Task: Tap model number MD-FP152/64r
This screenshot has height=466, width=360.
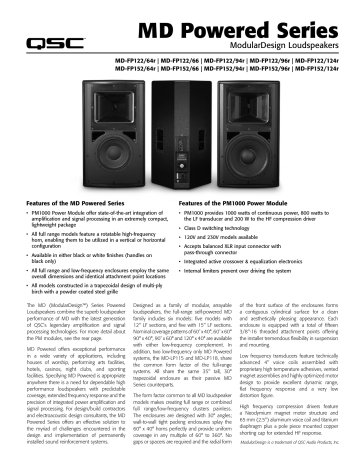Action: [x=133, y=70]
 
